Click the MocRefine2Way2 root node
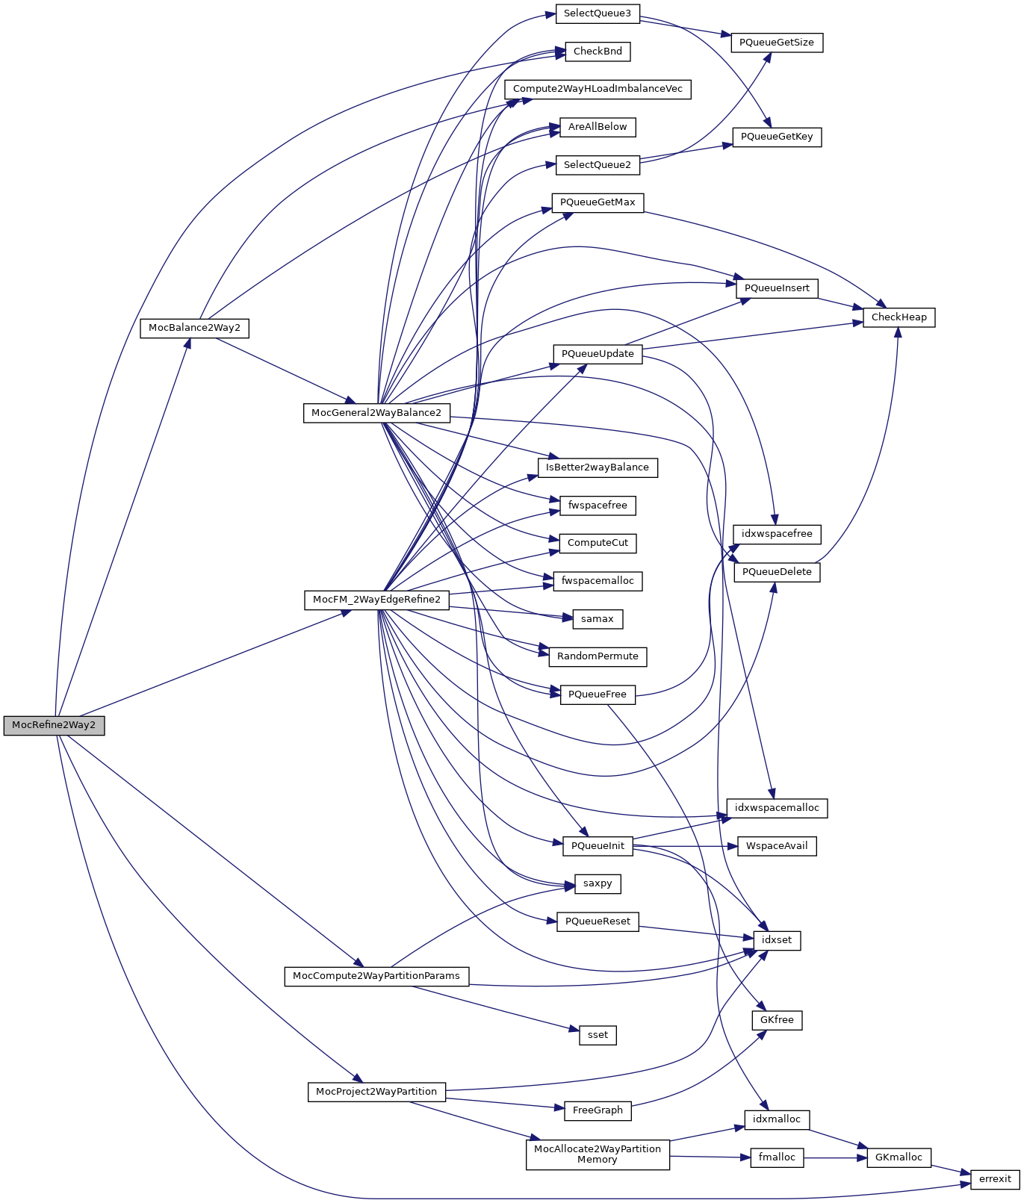(54, 725)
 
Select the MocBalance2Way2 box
(194, 328)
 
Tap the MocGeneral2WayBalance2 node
(376, 413)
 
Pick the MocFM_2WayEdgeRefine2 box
(376, 600)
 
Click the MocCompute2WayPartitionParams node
(376, 976)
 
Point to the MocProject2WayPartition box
(376, 1092)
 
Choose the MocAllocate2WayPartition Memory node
(598, 1154)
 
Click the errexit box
(995, 1179)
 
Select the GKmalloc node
(899, 1157)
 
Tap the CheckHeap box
(899, 317)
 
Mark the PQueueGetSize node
(777, 43)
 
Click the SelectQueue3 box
(598, 13)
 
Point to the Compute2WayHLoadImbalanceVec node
(598, 89)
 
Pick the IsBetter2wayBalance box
(598, 467)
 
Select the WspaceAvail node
(777, 846)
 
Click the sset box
(598, 1035)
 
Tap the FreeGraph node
(598, 1110)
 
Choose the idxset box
(777, 940)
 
